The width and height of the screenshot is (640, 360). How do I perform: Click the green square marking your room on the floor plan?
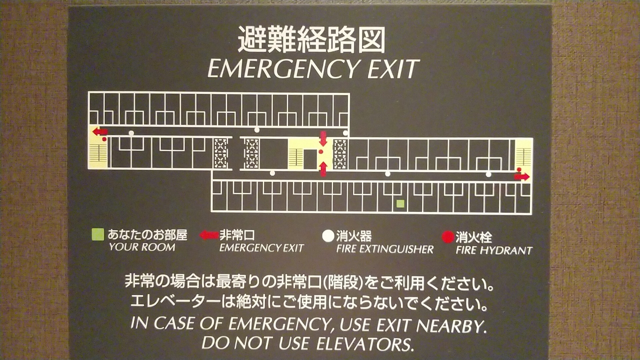[400, 203]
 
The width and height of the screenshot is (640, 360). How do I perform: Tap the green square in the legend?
[97, 234]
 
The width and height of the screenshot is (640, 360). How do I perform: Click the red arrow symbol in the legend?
[209, 235]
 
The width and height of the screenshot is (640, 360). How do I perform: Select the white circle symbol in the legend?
[328, 236]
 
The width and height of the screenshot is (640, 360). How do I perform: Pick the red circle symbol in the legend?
[447, 237]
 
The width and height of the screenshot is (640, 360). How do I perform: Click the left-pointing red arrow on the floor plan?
[100, 131]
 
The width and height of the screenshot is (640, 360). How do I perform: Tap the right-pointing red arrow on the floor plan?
[521, 177]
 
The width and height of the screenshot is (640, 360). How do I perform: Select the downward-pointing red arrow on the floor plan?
[323, 139]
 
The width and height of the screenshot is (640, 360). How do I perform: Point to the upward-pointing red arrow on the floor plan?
[323, 169]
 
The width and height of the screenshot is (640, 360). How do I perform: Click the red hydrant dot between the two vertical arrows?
[321, 151]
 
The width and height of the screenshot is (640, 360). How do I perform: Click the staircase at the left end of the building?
[97, 152]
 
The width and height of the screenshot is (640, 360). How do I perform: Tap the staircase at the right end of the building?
[523, 156]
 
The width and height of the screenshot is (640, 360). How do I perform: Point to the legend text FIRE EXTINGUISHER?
[384, 249]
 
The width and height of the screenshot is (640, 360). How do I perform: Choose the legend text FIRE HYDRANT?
[493, 250]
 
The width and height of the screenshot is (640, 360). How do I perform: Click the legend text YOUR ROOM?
[142, 247]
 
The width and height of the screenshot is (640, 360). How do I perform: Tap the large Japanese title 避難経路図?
[311, 40]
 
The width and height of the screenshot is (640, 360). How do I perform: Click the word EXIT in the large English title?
[393, 69]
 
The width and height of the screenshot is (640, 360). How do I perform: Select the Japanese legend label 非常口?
[237, 235]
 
